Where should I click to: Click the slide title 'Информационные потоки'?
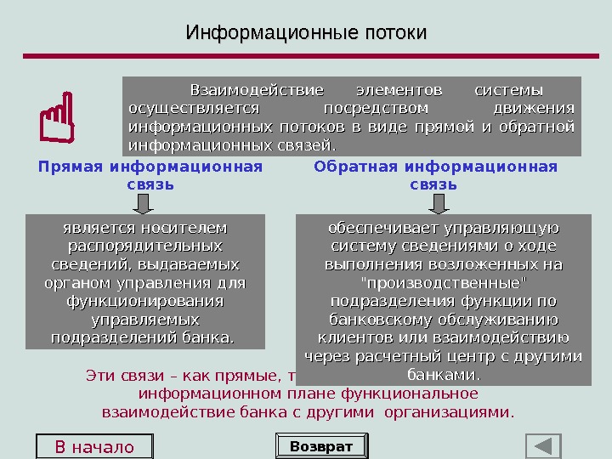tap(306, 33)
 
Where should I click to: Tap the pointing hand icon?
tap(56, 122)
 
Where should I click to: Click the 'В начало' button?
tap(94, 447)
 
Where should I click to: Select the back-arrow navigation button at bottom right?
tap(543, 446)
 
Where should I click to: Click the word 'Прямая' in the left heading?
tap(71, 167)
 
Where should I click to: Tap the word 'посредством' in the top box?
tap(376, 109)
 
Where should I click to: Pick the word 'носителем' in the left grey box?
tap(185, 228)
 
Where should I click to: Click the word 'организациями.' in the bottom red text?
tap(448, 413)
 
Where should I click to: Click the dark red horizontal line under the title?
tap(306, 56)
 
